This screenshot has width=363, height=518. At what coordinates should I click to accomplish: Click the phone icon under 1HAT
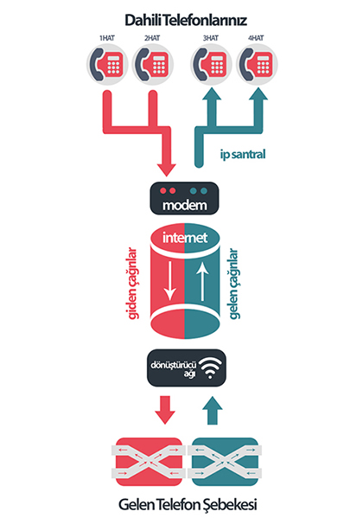pos(107,64)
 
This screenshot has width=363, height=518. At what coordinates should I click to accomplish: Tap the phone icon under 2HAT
pos(153,64)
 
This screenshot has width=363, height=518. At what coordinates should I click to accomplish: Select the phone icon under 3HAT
pos(211,64)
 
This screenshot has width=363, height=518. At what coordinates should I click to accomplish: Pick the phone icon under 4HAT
pos(257,64)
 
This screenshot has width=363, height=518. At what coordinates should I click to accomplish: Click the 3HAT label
pos(211,38)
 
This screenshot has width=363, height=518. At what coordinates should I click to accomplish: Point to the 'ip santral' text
pos(243,155)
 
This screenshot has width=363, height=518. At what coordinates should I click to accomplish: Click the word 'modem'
pos(185,205)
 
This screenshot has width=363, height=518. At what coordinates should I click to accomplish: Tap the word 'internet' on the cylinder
pos(185,238)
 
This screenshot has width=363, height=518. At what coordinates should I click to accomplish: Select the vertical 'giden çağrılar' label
pos(132,284)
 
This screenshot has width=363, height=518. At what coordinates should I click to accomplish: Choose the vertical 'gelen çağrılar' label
pos(234,284)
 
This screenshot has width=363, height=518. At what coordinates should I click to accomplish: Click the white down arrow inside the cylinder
pos(170,281)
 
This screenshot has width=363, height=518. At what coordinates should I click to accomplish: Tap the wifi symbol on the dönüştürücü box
pos(210,368)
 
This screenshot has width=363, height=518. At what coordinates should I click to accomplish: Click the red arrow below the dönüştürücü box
pos(165,410)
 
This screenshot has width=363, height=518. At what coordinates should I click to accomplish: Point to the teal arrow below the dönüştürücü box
pos(212,410)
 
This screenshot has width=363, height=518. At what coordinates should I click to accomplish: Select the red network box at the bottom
pos(149,462)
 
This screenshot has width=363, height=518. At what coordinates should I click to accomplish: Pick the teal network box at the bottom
pos(225,462)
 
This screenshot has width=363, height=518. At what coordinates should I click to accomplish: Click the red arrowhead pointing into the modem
pos(166,169)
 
